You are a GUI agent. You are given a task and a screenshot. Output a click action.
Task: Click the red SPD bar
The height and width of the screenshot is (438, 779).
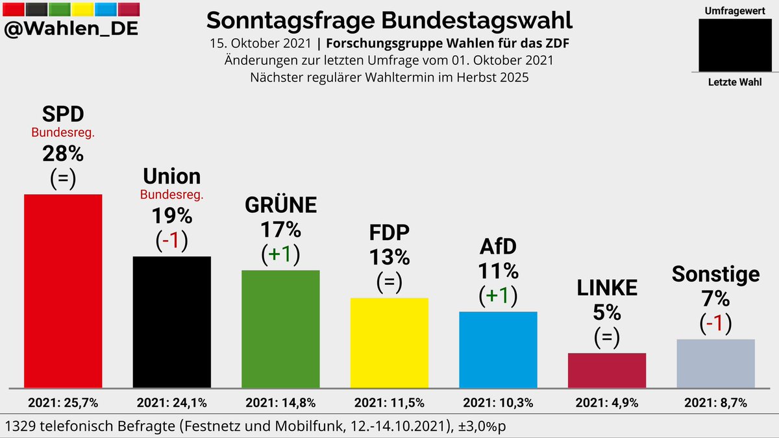63,291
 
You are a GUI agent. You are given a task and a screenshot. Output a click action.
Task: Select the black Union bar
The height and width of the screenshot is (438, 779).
172,322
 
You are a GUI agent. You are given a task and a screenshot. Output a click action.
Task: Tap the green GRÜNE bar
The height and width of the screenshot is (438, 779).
280,328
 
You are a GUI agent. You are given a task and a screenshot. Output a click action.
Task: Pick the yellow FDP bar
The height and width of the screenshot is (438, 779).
389,343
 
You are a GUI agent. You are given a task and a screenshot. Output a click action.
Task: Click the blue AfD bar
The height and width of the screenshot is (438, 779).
498,349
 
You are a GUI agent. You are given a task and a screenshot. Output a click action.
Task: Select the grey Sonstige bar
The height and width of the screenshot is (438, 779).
715,363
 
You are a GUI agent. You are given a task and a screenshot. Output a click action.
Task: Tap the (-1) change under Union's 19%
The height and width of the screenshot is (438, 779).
172,240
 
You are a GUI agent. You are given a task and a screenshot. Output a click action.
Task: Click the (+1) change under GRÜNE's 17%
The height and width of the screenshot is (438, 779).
280,254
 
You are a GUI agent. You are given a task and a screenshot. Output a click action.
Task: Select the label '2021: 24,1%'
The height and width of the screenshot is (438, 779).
172,403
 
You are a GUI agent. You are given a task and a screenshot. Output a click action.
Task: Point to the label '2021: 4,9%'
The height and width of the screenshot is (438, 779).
607,403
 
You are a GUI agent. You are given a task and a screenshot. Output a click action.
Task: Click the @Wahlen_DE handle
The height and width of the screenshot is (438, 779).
71,29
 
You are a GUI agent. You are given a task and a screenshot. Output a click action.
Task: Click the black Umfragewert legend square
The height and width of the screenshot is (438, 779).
735,44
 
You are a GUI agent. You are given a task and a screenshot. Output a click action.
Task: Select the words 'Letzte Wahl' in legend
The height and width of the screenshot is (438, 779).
735,82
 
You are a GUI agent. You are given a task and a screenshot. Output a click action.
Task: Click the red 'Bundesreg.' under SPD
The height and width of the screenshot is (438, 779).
63,133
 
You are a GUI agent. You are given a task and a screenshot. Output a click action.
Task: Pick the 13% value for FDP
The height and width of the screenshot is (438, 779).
389,258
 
